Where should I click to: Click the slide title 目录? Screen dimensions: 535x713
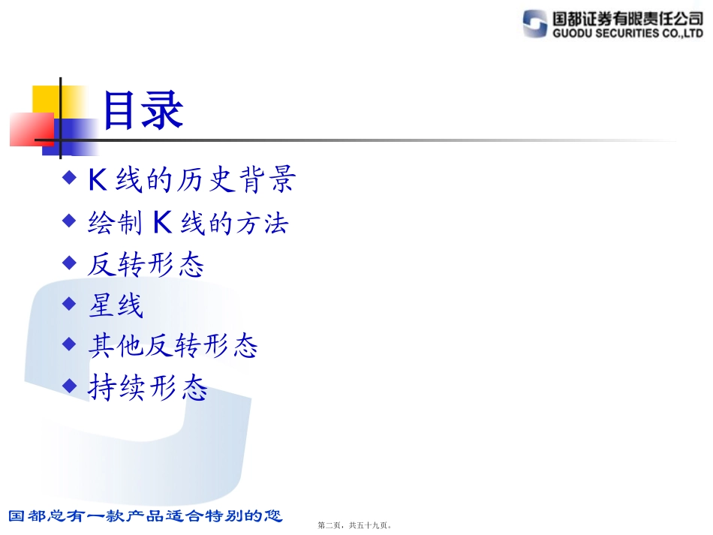143,111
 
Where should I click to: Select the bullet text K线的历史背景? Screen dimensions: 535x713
191,180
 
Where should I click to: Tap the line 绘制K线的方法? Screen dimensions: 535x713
188,223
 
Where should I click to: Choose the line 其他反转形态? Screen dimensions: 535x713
173,346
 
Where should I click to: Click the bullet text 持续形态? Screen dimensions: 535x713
147,388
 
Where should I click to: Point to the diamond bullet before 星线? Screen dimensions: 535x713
70,303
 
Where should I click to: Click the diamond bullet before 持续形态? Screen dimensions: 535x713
70,386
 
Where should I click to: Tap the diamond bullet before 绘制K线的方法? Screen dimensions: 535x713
70,221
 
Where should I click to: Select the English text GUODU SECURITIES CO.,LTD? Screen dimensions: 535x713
627,34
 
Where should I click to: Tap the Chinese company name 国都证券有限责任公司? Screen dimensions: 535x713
627,18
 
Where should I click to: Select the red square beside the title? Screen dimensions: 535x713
30,129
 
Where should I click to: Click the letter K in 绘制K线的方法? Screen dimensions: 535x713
164,222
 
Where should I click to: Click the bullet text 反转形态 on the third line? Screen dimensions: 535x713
146,264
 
